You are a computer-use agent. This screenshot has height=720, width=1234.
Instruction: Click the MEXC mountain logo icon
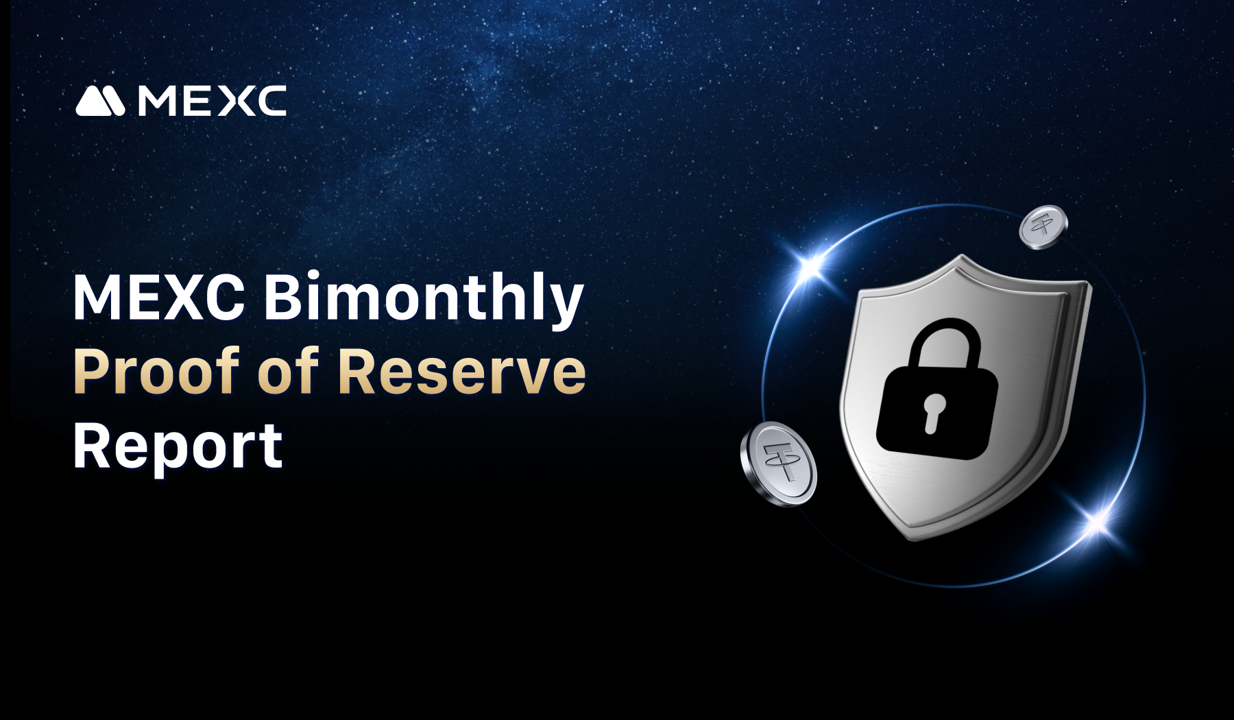100,101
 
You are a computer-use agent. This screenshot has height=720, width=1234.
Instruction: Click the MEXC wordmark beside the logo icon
212,101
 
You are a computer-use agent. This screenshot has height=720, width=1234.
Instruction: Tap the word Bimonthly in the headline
424,298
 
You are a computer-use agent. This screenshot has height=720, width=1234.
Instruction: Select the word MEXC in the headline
159,297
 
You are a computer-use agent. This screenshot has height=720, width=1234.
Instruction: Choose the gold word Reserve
462,372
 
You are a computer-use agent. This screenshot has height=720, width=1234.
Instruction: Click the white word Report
178,447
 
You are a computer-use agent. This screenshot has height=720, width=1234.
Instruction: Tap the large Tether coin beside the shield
779,464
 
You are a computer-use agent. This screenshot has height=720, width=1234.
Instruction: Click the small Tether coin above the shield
1043,227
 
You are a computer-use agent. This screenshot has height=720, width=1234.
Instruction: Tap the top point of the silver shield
963,256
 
